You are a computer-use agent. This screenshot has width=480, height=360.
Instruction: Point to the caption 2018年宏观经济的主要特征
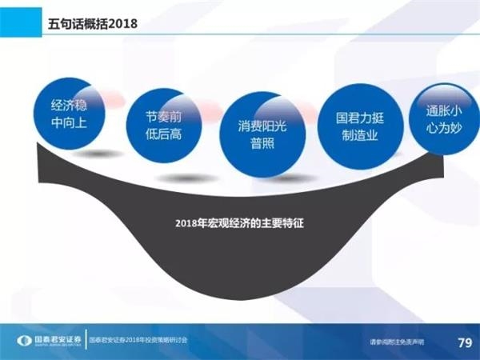coord(240,224)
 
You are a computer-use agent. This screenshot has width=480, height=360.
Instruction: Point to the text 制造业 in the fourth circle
coord(356,134)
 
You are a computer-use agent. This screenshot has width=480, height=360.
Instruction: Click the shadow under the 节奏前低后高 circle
coord(174,178)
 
